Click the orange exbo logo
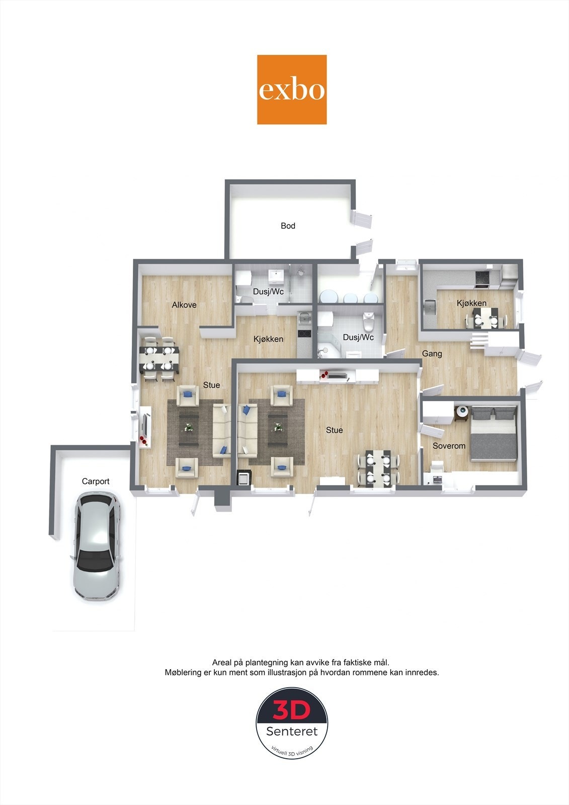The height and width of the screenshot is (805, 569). [x=292, y=90]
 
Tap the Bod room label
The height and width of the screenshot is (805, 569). [x=288, y=226]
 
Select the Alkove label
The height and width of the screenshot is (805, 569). [x=184, y=305]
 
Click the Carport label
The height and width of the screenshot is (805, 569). [x=96, y=481]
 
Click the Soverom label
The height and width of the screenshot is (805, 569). [x=449, y=446]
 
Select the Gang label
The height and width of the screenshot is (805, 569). [x=432, y=354]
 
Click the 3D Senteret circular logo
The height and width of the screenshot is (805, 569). [x=292, y=723]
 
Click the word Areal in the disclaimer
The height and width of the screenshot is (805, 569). [x=222, y=663]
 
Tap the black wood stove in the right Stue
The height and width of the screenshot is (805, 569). [x=243, y=476]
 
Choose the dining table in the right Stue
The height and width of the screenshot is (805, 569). [x=378, y=468]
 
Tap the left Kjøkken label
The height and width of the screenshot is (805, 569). [x=268, y=339]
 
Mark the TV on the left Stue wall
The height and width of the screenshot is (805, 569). [x=145, y=426]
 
